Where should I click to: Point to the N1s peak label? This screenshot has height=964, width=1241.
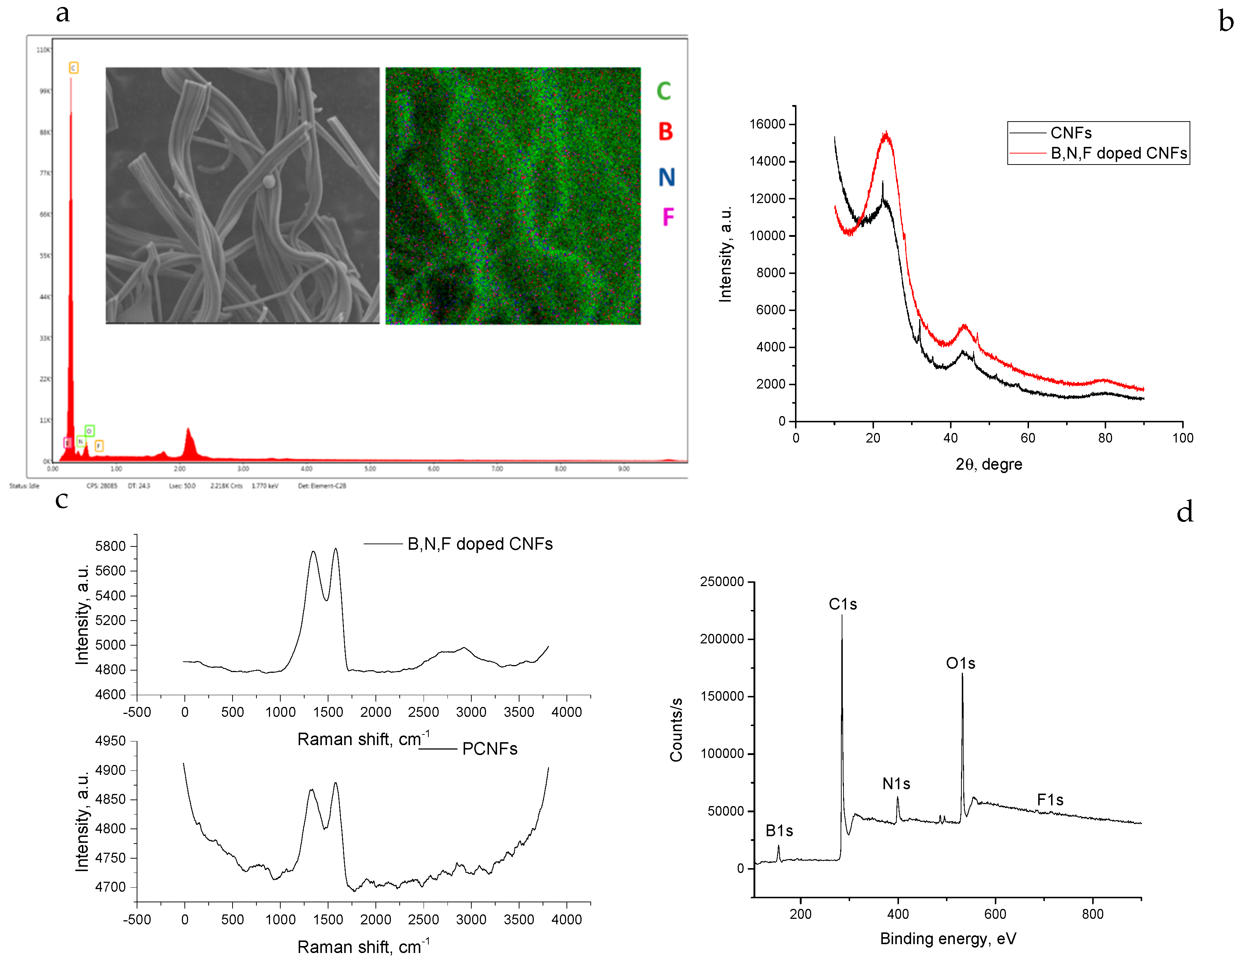(896, 784)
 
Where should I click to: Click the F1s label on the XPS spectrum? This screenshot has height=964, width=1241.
(1050, 800)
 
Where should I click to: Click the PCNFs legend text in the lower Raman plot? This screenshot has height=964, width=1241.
(489, 749)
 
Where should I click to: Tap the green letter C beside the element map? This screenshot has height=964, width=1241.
(664, 91)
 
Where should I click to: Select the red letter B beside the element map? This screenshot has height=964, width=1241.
(665, 132)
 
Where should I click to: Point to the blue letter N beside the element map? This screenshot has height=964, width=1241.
(666, 177)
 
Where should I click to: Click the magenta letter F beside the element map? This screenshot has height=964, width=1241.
(668, 217)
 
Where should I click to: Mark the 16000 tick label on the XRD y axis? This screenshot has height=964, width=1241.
(767, 124)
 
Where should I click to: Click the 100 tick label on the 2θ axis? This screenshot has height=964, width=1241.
(1183, 438)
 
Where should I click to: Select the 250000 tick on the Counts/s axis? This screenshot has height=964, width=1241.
(722, 582)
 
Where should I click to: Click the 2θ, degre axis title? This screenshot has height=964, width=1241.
(989, 465)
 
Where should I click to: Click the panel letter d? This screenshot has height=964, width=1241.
(1185, 512)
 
